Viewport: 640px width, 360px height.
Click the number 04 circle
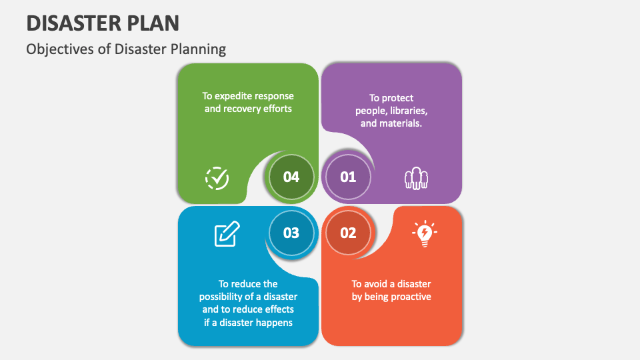tap(291, 177)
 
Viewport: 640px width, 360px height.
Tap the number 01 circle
tap(348, 177)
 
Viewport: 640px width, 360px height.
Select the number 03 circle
tap(291, 233)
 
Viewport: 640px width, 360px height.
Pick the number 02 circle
tap(348, 233)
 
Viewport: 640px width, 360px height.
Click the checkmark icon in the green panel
tap(217, 178)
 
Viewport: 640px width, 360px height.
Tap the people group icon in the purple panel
tap(417, 178)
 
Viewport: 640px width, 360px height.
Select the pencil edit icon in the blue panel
tap(227, 233)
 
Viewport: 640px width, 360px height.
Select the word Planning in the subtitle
tap(201, 49)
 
